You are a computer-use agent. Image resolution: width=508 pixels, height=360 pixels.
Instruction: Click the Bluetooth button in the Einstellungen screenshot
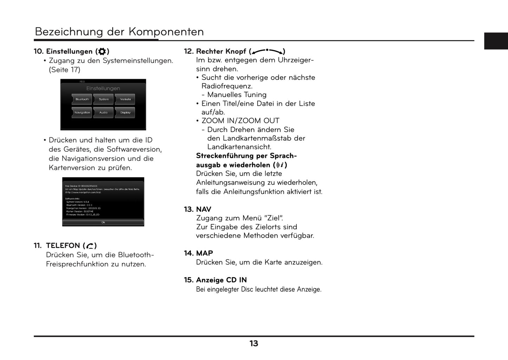pos(82,99)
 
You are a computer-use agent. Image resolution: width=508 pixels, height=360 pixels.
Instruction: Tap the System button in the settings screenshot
pos(104,99)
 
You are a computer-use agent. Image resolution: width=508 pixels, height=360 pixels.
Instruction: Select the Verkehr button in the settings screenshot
pos(126,99)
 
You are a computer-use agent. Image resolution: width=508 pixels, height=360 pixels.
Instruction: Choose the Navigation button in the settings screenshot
pos(82,113)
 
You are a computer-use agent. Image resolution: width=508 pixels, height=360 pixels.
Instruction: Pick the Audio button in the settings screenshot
pos(103,113)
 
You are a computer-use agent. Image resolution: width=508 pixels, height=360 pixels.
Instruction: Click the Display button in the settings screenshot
pos(126,113)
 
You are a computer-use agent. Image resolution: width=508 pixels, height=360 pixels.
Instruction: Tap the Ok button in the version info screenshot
pos(103,222)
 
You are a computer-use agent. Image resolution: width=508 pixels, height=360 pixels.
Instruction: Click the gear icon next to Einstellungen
pos(102,52)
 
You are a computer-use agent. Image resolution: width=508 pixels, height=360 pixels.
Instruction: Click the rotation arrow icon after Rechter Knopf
pos(267,51)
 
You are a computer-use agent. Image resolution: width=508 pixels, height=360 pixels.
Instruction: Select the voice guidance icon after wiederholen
pos(280,165)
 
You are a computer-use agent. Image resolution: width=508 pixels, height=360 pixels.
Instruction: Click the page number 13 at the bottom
pos(254,343)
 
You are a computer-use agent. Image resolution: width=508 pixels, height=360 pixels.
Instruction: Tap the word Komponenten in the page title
pos(166,32)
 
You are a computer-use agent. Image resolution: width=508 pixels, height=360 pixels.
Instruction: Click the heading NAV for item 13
pos(204,209)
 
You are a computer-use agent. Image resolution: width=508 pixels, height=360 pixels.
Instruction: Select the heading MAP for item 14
pos(204,253)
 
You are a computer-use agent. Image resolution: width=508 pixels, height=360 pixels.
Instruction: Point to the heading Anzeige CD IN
pos(221,280)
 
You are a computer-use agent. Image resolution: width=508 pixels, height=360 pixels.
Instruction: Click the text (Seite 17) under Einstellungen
pos(64,70)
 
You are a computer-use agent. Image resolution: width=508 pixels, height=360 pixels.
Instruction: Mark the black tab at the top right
pos(496,41)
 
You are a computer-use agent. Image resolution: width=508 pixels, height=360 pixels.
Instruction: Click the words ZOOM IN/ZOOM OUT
pos(240,121)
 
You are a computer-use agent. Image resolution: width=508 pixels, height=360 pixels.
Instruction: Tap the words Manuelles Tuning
pos(237,95)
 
